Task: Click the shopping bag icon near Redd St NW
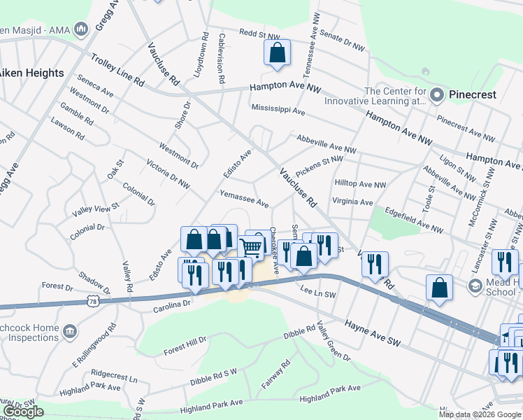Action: pyautogui.click(x=277, y=52)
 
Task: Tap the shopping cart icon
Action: pyautogui.click(x=251, y=247)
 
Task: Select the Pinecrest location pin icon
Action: pyautogui.click(x=438, y=94)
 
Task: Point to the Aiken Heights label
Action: pyautogui.click(x=31, y=73)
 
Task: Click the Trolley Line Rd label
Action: pyautogui.click(x=115, y=72)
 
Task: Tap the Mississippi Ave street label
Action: pyautogui.click(x=278, y=111)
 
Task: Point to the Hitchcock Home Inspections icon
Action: pyautogui.click(x=69, y=330)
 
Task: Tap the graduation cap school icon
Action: pyautogui.click(x=475, y=286)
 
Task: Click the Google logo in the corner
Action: pyautogui.click(x=23, y=411)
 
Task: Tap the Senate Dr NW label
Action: pyautogui.click(x=342, y=41)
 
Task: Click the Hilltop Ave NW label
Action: pyautogui.click(x=360, y=185)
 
